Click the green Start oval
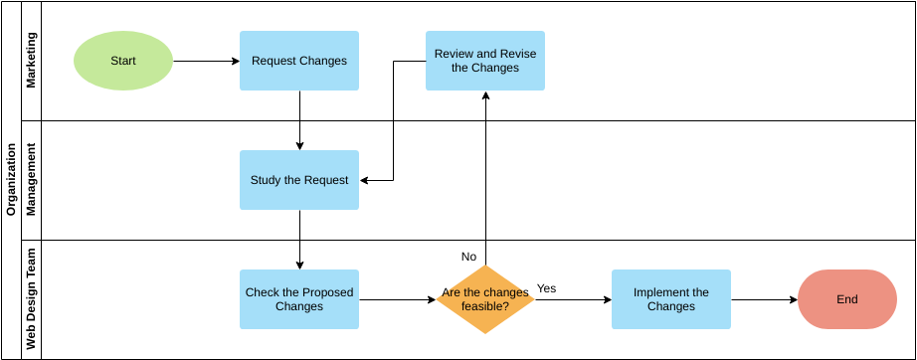click(x=123, y=61)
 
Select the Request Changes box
click(x=299, y=61)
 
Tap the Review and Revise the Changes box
click(x=485, y=61)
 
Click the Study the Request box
click(x=299, y=180)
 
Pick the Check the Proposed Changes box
click(x=299, y=299)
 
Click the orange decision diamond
click(x=485, y=299)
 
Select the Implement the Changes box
click(x=671, y=299)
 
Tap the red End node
click(x=847, y=299)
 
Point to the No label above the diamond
click(x=468, y=257)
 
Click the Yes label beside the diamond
click(x=547, y=288)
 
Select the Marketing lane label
click(x=31, y=61)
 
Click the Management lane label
click(x=31, y=180)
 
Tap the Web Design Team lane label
click(x=31, y=299)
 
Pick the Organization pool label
click(x=11, y=180)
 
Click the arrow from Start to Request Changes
click(x=206, y=61)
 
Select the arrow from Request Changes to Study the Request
click(x=299, y=120)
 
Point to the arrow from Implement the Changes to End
click(x=764, y=299)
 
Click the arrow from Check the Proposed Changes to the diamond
click(x=397, y=299)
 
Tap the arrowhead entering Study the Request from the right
click(x=365, y=181)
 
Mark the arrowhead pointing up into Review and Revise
click(x=485, y=95)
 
